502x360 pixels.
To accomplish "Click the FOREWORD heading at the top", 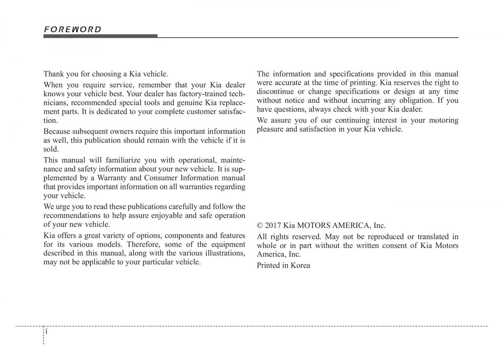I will click(73, 29).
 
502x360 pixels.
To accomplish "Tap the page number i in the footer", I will click(47, 331).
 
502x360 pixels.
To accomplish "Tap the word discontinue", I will click(274, 92).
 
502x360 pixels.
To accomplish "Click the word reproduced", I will click(383, 237).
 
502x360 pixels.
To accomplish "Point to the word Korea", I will click(300, 265).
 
